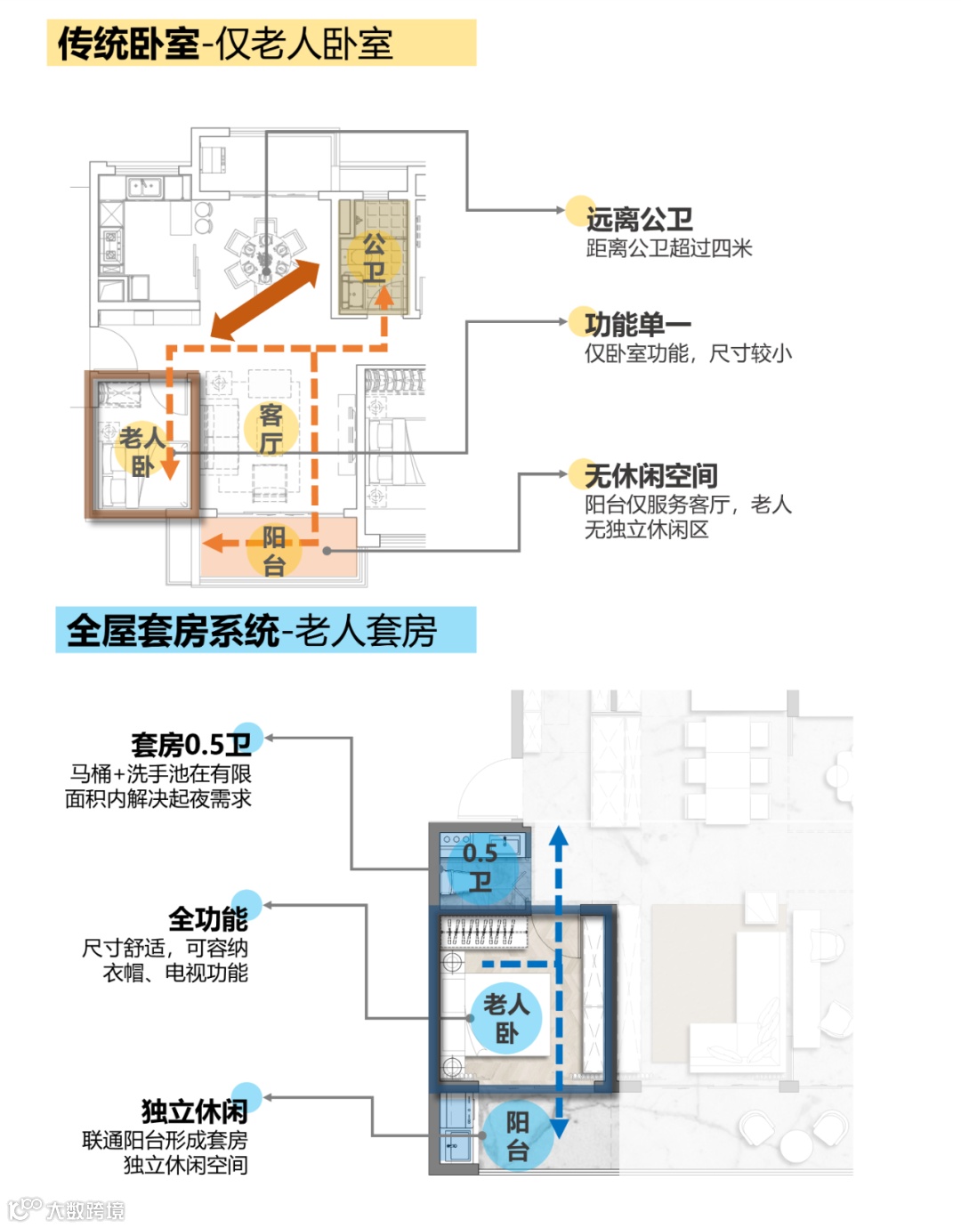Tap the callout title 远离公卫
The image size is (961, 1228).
click(638, 219)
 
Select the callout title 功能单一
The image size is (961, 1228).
click(637, 325)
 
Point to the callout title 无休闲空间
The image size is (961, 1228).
click(650, 476)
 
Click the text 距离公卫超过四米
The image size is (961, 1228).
click(669, 248)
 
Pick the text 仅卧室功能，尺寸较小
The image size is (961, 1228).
click(688, 354)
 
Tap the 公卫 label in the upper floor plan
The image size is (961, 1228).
click(374, 257)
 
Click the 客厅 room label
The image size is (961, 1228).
click(271, 429)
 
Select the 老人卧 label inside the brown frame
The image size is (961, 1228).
click(142, 450)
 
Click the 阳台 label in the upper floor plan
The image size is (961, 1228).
click(273, 550)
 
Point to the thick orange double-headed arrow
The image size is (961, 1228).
click(264, 299)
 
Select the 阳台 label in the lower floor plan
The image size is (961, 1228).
click(517, 1135)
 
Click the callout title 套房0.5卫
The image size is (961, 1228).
click(191, 744)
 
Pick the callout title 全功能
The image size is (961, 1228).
click(208, 918)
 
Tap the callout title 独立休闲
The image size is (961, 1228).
click(195, 1111)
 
